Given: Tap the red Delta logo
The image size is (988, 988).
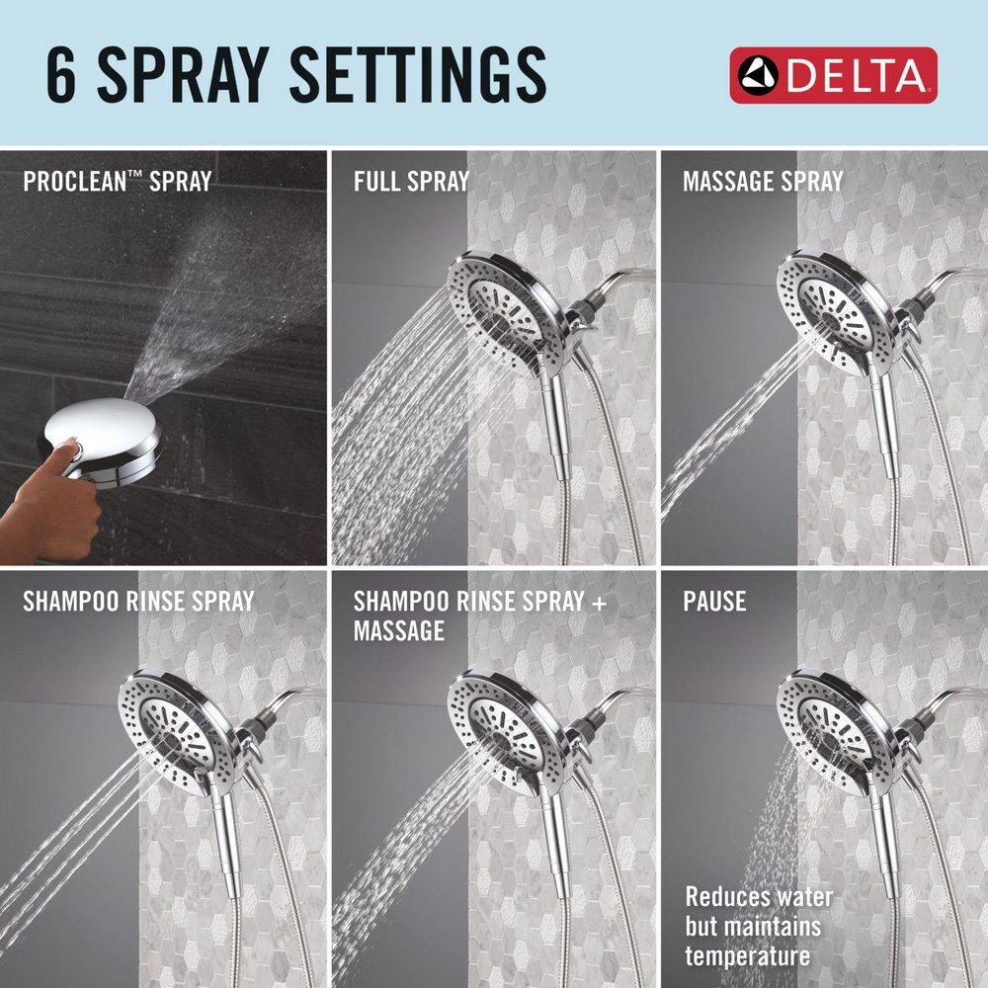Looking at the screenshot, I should click(x=833, y=75).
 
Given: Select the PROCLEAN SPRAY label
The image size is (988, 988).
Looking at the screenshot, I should click(x=118, y=182).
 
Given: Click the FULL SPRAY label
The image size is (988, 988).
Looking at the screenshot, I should click(x=411, y=182).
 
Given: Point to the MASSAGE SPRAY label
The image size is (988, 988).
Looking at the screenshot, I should click(x=763, y=182).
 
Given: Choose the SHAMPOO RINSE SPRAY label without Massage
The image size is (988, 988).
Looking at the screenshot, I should click(x=138, y=601).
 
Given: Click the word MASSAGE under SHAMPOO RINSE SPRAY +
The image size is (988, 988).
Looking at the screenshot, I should click(x=399, y=630).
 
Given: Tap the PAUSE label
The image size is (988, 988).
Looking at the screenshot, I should click(x=714, y=601).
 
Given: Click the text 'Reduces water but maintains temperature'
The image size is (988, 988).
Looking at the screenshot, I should click(x=759, y=927).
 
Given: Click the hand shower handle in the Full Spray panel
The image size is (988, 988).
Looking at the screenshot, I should click(x=561, y=425).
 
